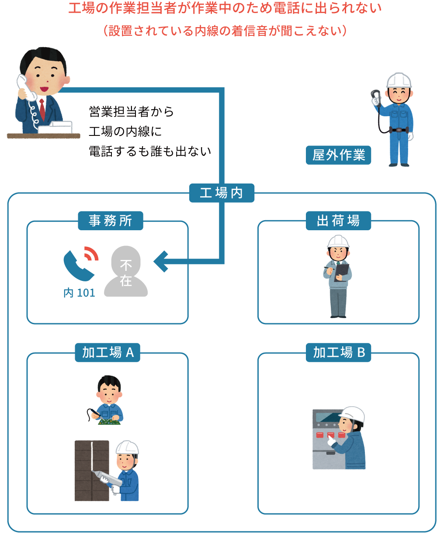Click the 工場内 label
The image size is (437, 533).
(x=222, y=193)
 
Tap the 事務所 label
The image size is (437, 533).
(x=110, y=221)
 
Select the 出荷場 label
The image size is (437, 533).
(x=338, y=221)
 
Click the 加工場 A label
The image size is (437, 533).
(x=108, y=353)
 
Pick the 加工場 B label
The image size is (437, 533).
(x=339, y=353)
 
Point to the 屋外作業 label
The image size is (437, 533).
(x=339, y=155)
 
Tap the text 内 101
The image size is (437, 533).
(x=79, y=293)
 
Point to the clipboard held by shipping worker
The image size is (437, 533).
(x=342, y=270)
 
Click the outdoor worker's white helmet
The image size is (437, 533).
(x=399, y=80)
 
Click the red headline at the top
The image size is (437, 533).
(x=225, y=8)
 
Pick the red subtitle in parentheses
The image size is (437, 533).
(x=225, y=31)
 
